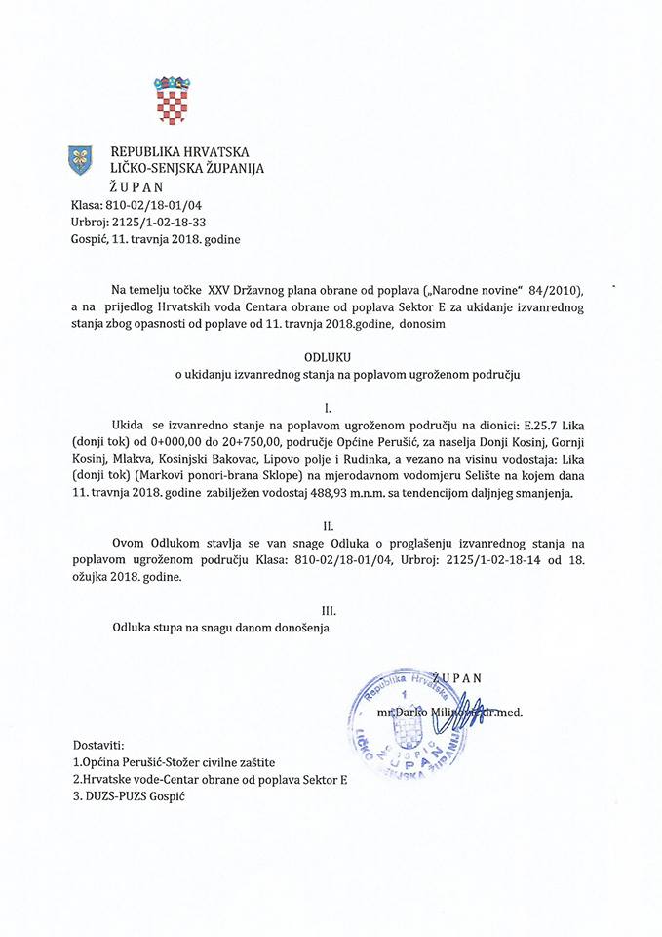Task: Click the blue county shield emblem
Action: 80,158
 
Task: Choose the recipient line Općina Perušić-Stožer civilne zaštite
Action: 175,762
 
